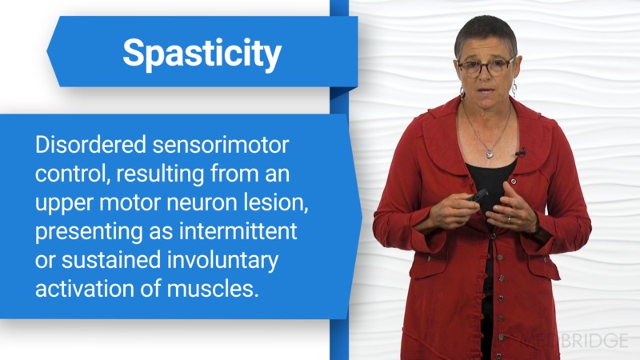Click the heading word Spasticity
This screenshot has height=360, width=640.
(202, 54)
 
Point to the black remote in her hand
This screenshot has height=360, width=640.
(478, 195)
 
